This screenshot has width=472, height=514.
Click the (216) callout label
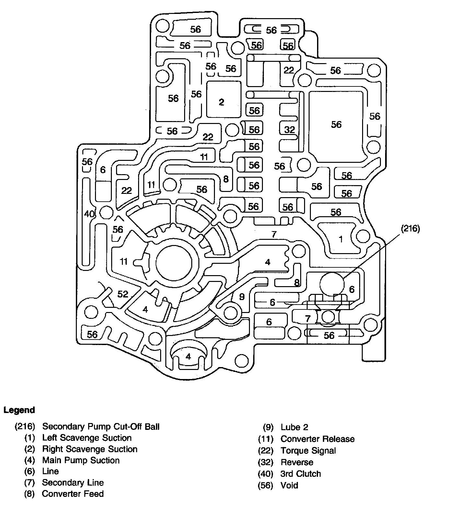click(x=410, y=229)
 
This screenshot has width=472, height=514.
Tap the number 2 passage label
click(x=221, y=102)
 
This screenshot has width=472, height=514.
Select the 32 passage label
click(x=289, y=130)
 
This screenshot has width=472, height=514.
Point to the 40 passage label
click(x=89, y=214)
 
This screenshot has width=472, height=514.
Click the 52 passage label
click(x=123, y=294)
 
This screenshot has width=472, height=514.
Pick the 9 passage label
click(x=242, y=296)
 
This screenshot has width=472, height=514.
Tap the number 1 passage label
click(x=340, y=239)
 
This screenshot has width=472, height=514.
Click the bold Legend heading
click(x=19, y=410)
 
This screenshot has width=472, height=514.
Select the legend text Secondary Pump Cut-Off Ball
click(x=101, y=427)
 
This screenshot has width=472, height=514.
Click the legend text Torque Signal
click(x=308, y=451)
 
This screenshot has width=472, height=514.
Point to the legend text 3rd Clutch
click(x=301, y=474)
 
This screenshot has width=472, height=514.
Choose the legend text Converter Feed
click(x=73, y=494)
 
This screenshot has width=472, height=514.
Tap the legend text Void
click(x=289, y=486)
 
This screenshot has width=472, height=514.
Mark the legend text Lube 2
click(x=294, y=427)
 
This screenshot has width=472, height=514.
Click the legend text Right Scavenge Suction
click(x=90, y=449)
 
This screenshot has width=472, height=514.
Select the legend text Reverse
click(x=297, y=462)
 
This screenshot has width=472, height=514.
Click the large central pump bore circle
click(x=177, y=263)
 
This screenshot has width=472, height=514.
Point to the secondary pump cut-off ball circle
click(x=332, y=284)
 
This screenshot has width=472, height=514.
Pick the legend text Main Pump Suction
click(x=81, y=460)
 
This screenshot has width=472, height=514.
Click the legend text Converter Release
click(x=317, y=439)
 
